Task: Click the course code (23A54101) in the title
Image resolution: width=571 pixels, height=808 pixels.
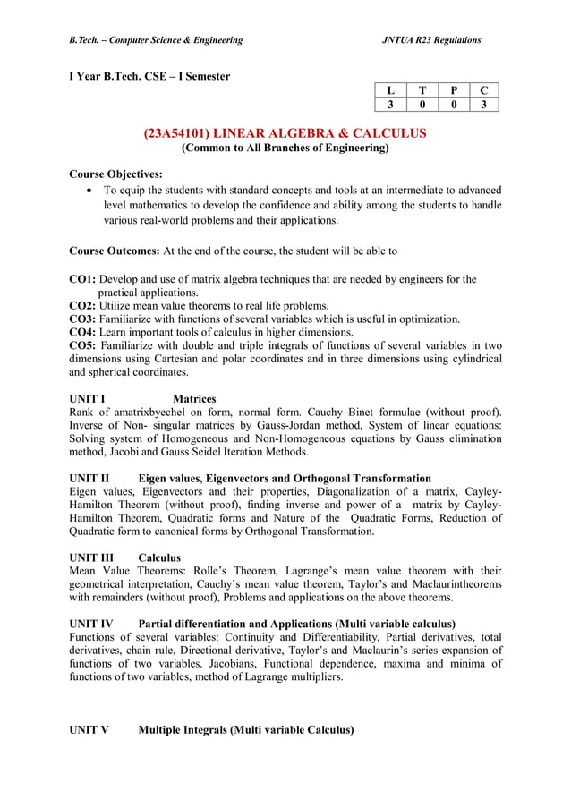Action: (181, 133)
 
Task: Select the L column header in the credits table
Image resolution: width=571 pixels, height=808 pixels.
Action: (390, 89)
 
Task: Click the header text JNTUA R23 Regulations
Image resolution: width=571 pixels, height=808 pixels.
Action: (431, 40)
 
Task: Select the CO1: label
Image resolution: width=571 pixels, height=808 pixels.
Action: (82, 280)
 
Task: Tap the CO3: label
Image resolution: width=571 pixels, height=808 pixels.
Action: (82, 319)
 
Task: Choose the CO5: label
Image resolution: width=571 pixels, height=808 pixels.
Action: (82, 345)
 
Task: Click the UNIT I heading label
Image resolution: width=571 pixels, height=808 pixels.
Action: (88, 398)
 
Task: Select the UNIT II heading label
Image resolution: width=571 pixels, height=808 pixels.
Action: (89, 479)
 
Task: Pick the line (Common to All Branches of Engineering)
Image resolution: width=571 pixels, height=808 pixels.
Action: (285, 149)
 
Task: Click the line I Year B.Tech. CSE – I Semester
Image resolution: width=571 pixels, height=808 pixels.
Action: (149, 76)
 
